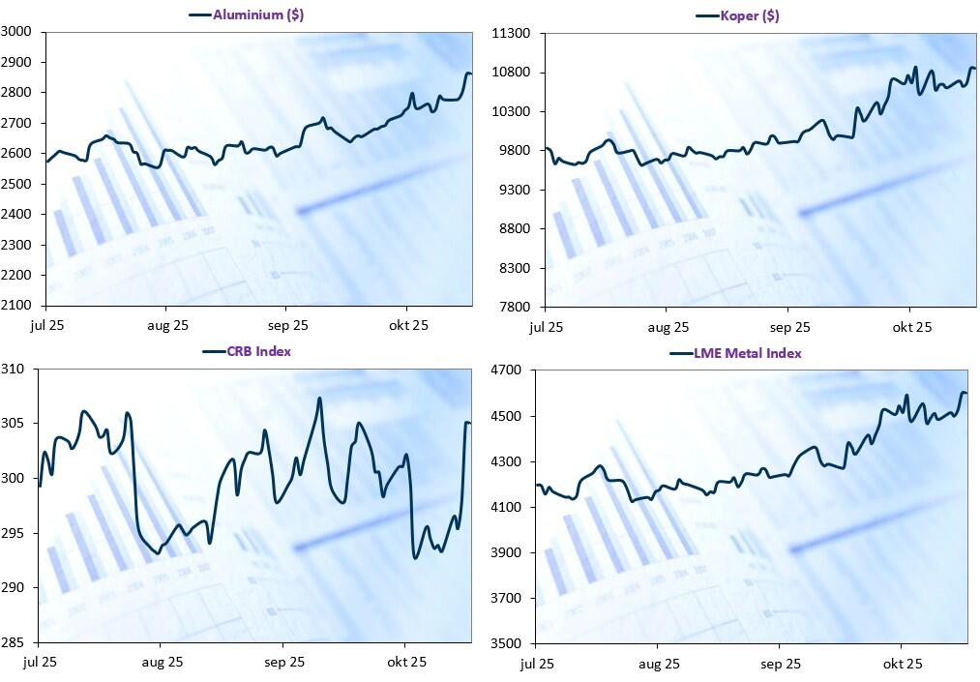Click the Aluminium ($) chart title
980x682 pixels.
(x=258, y=15)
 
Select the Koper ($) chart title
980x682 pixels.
(x=750, y=15)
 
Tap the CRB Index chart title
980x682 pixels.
(x=258, y=351)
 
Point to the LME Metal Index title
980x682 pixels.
(x=747, y=353)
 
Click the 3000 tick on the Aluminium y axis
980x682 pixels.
(x=17, y=32)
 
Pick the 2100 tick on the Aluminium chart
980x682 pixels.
(x=17, y=306)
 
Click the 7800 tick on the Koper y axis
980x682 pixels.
(x=514, y=307)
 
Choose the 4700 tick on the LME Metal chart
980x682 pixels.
(x=507, y=371)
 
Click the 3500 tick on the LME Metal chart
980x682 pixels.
(x=507, y=643)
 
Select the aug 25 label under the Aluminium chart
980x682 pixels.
(x=168, y=326)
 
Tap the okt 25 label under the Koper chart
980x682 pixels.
(x=911, y=327)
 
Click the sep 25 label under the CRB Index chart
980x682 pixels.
(x=284, y=663)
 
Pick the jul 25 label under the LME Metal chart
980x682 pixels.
(x=537, y=664)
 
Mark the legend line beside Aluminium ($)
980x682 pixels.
(x=199, y=15)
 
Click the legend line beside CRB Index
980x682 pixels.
(x=213, y=351)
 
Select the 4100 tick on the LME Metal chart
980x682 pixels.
(x=507, y=507)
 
